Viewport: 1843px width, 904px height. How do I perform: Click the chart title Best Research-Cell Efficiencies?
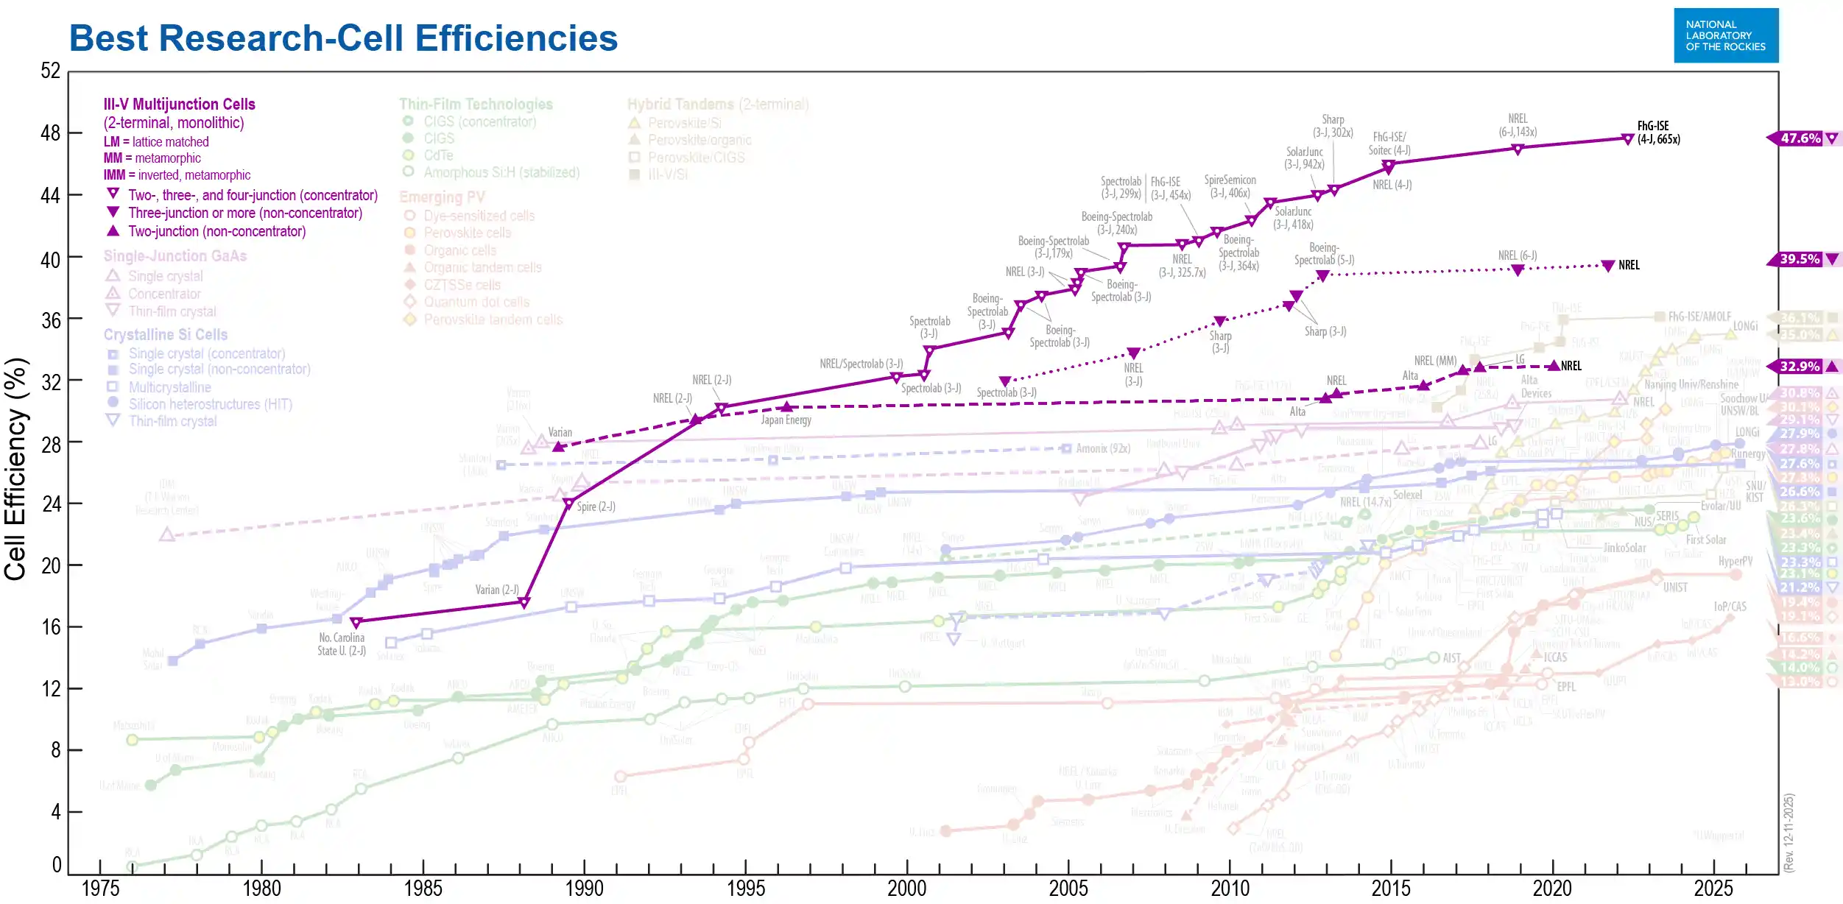(x=343, y=38)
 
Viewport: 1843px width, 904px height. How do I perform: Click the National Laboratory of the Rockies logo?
(x=1725, y=35)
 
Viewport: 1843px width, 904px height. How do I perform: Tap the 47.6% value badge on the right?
(x=1800, y=138)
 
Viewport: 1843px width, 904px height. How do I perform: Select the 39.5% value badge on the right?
(x=1800, y=259)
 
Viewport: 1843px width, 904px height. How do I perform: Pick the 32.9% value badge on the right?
(x=1800, y=367)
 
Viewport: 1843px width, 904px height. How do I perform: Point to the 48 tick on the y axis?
(x=50, y=133)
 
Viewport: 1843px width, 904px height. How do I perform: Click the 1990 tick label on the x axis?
(x=584, y=889)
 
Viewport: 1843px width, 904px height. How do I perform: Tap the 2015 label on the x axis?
(x=1391, y=889)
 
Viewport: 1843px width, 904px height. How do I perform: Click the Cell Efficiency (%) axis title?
(x=15, y=469)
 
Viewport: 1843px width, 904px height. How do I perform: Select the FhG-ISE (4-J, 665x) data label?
(x=1658, y=133)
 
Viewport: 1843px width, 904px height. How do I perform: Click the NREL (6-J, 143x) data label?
(x=1518, y=125)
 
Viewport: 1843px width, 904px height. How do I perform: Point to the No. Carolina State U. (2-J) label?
(x=342, y=644)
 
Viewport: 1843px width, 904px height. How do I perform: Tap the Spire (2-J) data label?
(x=596, y=506)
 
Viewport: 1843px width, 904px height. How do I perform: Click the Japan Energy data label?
(x=786, y=420)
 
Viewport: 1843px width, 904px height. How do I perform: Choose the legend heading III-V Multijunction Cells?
(x=179, y=105)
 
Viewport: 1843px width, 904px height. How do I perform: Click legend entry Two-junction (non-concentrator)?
(x=216, y=231)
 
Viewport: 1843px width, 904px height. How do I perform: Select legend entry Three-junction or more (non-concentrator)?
(x=244, y=213)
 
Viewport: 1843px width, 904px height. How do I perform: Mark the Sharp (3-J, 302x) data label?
(x=1333, y=126)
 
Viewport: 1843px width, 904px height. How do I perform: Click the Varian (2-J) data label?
(x=497, y=590)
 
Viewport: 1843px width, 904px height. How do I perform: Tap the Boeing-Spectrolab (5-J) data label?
(x=1324, y=254)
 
